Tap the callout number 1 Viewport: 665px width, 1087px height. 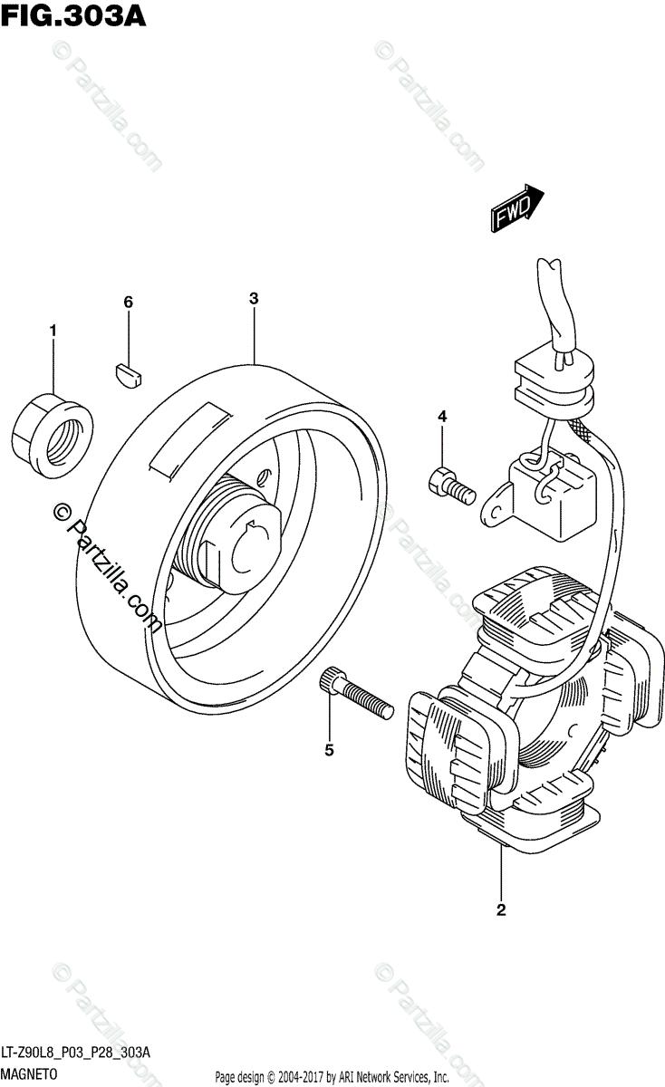coord(53,332)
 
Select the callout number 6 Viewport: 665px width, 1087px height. coord(129,302)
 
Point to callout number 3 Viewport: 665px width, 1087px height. coord(254,298)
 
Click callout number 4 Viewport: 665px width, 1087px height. coord(442,417)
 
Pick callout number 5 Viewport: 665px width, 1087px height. coord(329,749)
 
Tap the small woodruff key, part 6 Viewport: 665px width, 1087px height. coord(128,372)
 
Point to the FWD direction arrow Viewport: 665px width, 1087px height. coord(517,207)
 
